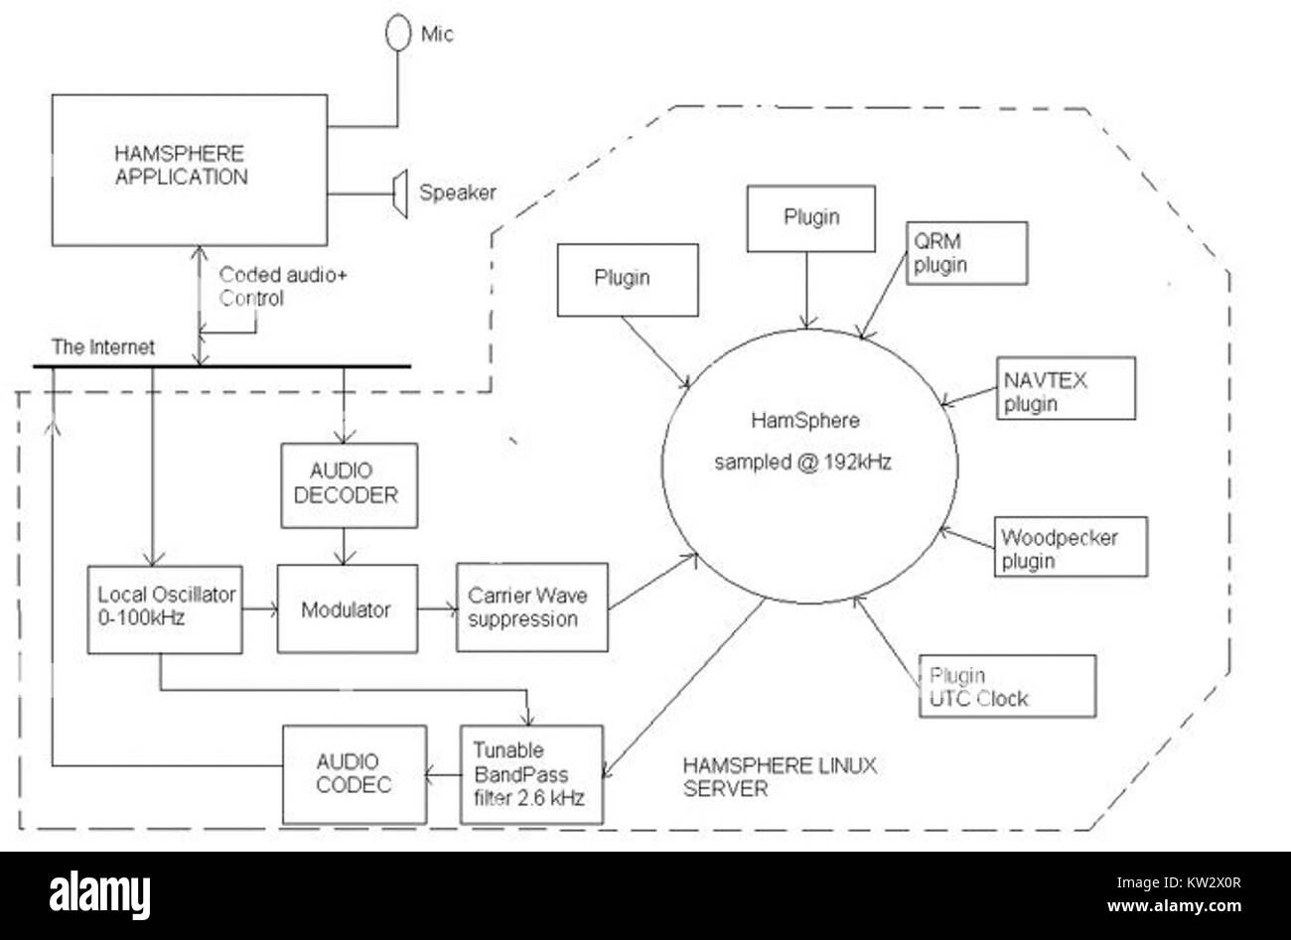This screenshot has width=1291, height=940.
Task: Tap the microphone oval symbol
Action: point(398,33)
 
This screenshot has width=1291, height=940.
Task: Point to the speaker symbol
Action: point(399,193)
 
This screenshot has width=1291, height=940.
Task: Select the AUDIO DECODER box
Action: point(350,485)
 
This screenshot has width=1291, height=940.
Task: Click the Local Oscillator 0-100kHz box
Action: point(165,609)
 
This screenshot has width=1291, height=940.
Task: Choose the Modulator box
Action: point(347,609)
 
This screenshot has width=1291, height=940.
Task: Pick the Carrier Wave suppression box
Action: point(531,607)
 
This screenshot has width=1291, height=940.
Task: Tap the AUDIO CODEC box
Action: point(346,773)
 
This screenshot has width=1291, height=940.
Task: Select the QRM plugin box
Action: point(966,253)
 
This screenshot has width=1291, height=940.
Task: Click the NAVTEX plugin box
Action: point(1065,389)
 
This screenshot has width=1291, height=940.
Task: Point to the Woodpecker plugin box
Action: point(1071,547)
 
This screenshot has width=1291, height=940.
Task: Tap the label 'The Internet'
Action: point(103,348)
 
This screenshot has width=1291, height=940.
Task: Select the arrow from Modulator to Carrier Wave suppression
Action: point(437,608)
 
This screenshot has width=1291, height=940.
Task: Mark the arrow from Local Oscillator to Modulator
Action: point(259,609)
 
